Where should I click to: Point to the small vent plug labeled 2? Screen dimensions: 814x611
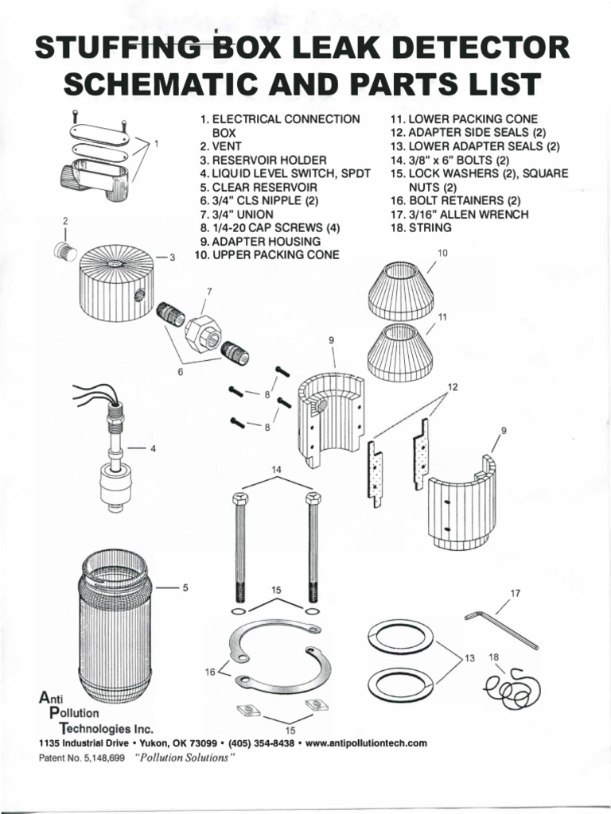[x=64, y=252]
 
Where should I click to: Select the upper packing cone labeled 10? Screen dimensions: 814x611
[x=401, y=291]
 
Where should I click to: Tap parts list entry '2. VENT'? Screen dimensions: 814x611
[x=225, y=146]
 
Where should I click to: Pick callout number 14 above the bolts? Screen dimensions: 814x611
[x=277, y=471]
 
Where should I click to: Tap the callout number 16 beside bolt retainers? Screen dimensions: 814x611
[x=211, y=672]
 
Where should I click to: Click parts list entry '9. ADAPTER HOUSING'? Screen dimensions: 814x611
[x=260, y=241]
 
